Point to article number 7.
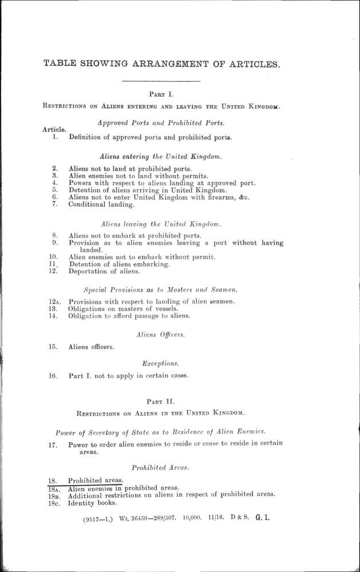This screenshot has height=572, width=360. point(54,204)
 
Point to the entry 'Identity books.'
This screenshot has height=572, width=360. point(92,503)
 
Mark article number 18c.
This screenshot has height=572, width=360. point(53,503)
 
